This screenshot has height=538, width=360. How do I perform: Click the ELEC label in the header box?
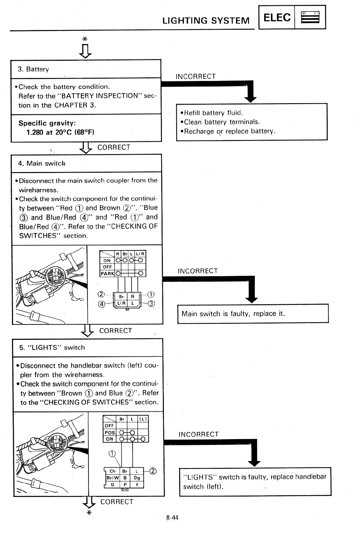point(277,17)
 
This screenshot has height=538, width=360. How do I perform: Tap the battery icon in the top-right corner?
point(310,17)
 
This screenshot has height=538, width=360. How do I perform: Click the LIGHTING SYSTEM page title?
point(206,21)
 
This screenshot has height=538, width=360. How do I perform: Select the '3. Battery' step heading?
point(33,69)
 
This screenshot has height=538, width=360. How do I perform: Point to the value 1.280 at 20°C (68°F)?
point(60,132)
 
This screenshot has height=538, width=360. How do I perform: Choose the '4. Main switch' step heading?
point(41,164)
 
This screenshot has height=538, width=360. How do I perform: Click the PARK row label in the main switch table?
point(107,274)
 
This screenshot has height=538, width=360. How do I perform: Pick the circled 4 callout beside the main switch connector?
point(102,304)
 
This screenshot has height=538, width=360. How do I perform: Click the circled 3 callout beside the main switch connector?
point(151,304)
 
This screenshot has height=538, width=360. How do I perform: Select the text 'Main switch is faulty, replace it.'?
point(233,314)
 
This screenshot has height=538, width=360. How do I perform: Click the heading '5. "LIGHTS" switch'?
point(52,348)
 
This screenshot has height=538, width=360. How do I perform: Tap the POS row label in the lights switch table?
point(109,433)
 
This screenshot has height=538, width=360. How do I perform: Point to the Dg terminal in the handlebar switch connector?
point(137,478)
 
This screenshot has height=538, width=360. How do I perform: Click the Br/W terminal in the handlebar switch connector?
point(112,478)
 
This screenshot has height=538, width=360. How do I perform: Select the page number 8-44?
point(172,518)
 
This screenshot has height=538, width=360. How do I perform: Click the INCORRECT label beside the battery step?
point(196,76)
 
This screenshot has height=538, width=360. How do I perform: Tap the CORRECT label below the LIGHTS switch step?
point(117,502)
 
